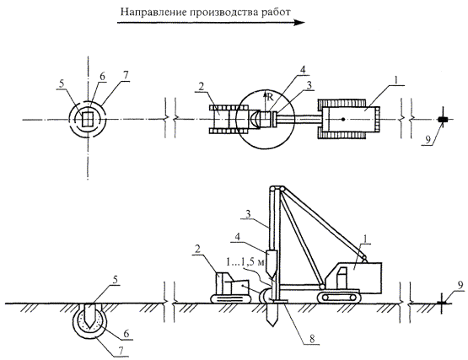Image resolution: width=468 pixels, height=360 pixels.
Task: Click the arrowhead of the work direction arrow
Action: click(x=299, y=23)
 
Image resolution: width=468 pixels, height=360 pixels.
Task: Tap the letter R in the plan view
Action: click(x=270, y=96)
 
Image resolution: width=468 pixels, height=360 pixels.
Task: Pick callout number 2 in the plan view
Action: click(x=202, y=87)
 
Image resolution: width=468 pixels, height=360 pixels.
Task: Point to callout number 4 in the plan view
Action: click(x=303, y=70)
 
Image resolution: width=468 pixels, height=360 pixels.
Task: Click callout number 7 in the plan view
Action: click(x=126, y=75)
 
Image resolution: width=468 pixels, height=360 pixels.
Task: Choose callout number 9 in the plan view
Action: click(x=428, y=140)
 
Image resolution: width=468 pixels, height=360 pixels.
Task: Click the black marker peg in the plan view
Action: click(x=443, y=120)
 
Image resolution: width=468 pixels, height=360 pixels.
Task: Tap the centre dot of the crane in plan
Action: click(x=343, y=120)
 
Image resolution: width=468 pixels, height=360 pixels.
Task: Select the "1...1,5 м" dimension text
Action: click(x=245, y=262)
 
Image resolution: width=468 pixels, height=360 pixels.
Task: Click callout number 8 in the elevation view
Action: click(x=312, y=339)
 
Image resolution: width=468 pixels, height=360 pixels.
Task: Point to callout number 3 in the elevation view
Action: click(x=248, y=214)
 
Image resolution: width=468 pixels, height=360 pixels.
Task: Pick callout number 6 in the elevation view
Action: click(x=126, y=333)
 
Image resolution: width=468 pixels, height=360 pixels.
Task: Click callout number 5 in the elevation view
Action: click(x=116, y=280)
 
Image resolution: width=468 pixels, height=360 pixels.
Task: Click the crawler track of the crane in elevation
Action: click(x=338, y=297)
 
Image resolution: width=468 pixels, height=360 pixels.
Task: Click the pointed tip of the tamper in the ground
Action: click(x=272, y=325)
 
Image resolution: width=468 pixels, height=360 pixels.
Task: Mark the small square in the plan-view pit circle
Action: click(x=88, y=119)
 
